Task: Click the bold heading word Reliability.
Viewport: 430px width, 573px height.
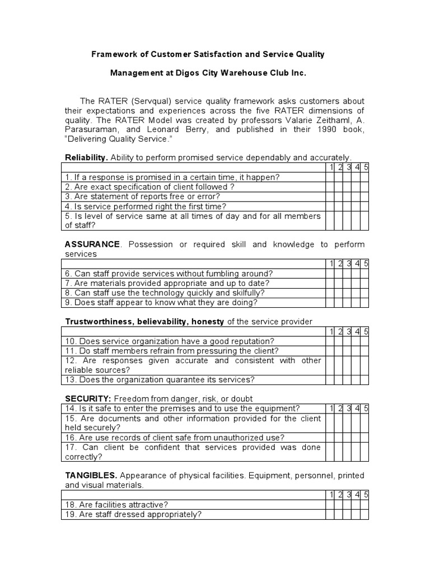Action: click(x=87, y=158)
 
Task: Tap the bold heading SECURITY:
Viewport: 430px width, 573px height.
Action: click(x=88, y=399)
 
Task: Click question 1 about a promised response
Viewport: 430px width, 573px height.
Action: click(x=172, y=177)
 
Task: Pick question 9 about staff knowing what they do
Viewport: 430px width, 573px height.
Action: click(x=161, y=303)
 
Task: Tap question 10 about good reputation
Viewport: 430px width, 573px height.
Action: click(x=170, y=341)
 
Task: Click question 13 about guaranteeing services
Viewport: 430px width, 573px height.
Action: click(x=160, y=380)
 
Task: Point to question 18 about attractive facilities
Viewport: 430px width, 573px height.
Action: click(x=116, y=505)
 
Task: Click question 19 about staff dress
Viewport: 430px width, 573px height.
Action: click(x=133, y=515)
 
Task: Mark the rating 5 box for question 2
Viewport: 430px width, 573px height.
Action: click(x=364, y=187)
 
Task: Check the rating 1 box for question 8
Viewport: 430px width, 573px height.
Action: click(x=330, y=293)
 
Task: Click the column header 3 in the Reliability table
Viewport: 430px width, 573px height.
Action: click(x=348, y=167)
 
